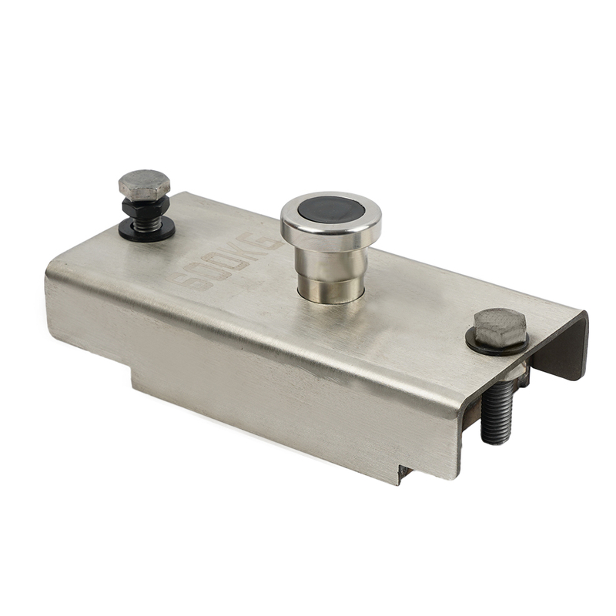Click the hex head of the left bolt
pyautogui.click(x=144, y=184)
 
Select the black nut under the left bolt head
pyautogui.click(x=146, y=206)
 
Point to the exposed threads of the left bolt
pyautogui.click(x=147, y=220)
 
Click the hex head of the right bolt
pyautogui.click(x=500, y=326)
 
